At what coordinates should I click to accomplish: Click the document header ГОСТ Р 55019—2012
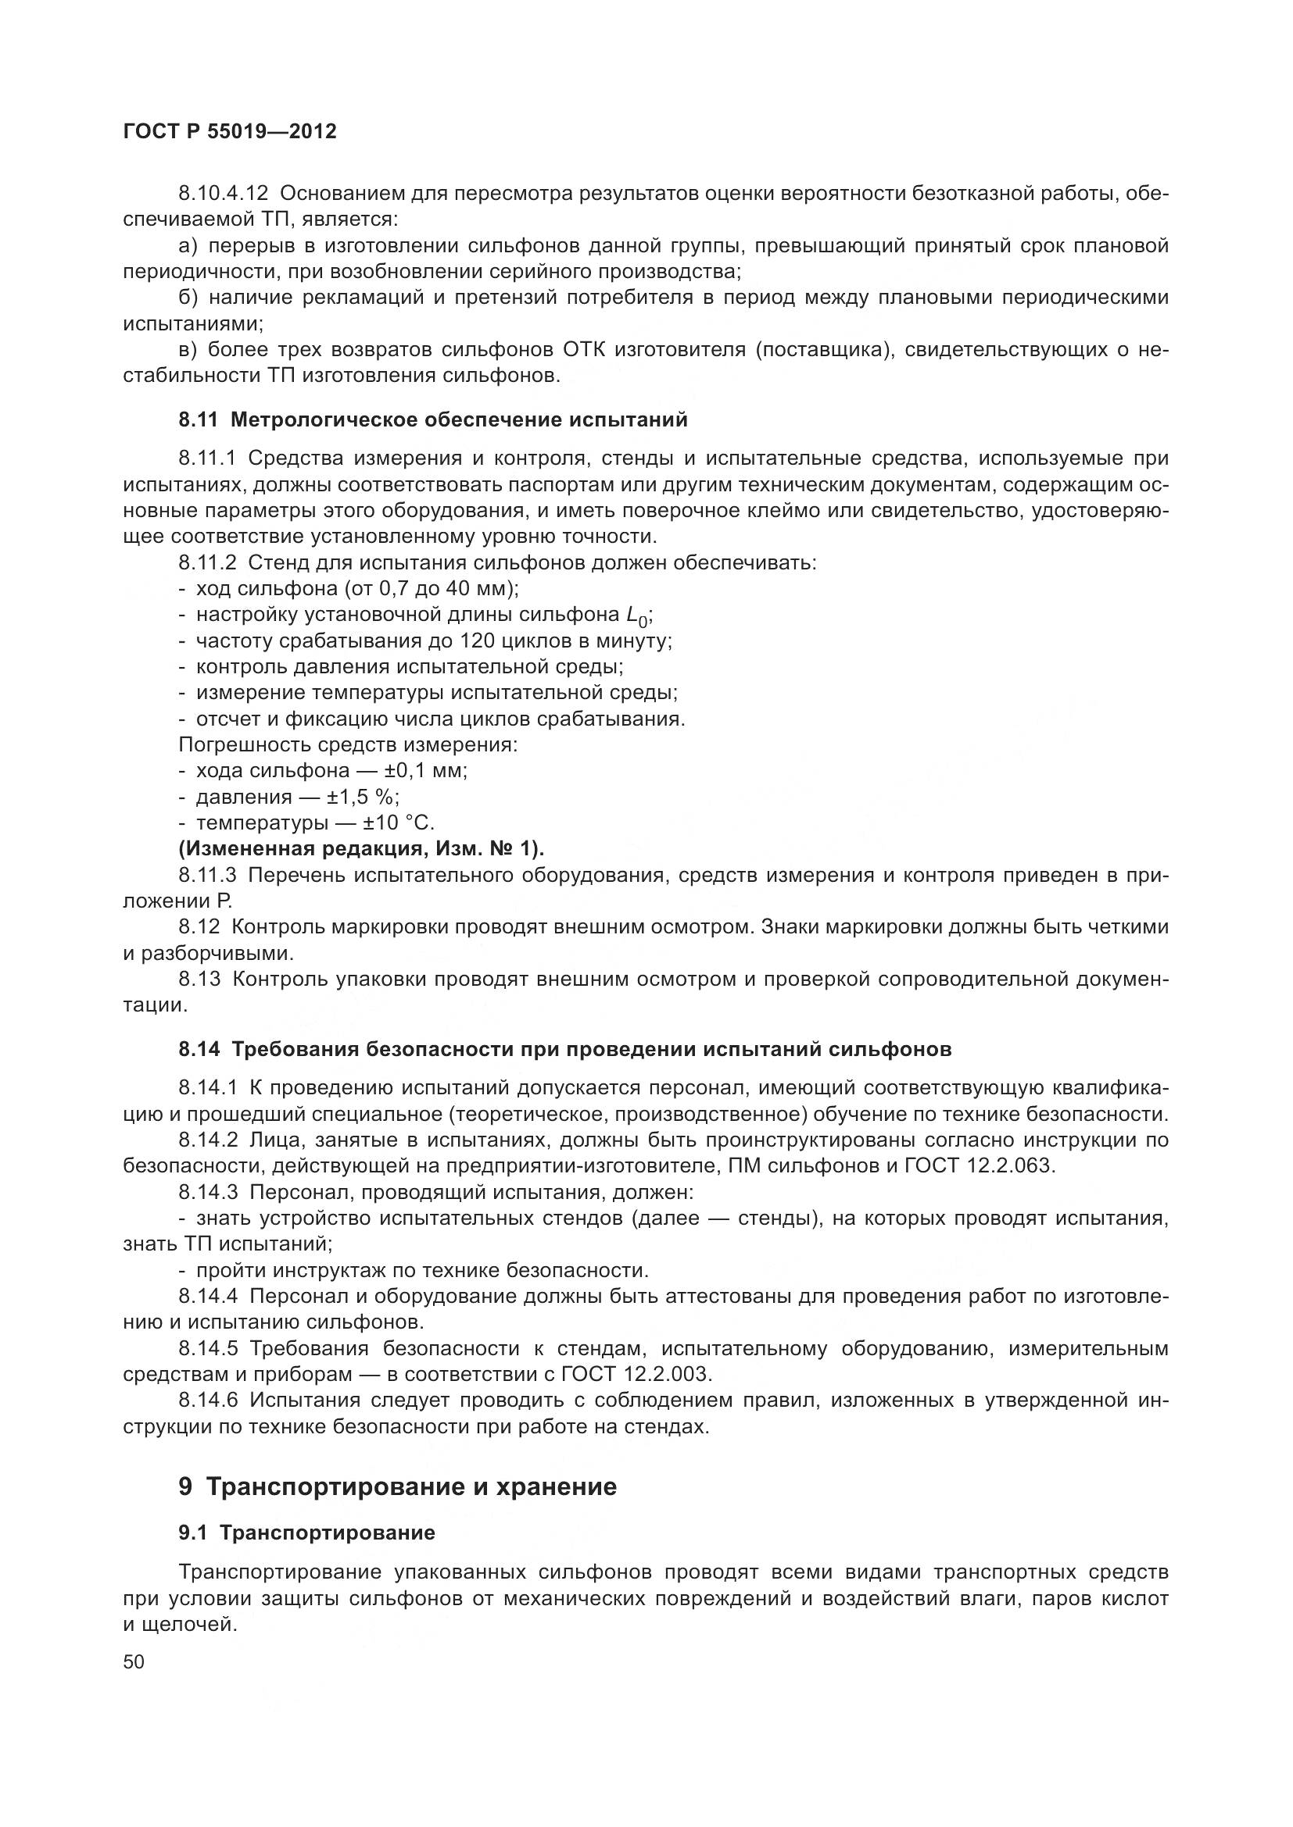click(230, 132)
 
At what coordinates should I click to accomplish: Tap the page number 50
click(134, 1661)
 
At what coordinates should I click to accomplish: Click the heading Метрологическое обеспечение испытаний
click(459, 420)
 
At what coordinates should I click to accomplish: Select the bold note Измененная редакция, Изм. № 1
click(361, 849)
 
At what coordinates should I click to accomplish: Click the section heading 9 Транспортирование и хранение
click(397, 1486)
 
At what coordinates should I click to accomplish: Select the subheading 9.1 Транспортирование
click(306, 1533)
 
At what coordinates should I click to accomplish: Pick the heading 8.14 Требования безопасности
click(564, 1050)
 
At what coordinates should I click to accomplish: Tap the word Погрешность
click(246, 746)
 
